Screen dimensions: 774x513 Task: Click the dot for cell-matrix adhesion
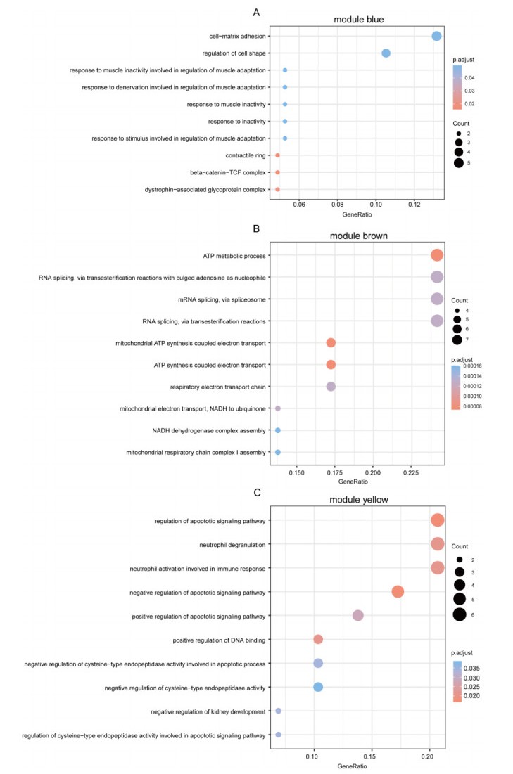coord(436,36)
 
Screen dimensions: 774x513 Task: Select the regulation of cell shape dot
coord(386,53)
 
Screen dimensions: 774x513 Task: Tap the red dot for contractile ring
coord(277,155)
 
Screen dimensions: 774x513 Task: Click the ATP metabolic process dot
coord(436,255)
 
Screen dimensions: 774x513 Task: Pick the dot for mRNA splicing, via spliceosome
coord(436,299)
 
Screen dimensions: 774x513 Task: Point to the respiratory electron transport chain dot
coord(331,387)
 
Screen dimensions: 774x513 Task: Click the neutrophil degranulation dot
coord(437,544)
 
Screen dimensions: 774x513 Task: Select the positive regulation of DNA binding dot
coord(318,639)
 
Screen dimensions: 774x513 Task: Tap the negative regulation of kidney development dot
coord(279,711)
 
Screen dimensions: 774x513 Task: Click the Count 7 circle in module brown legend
coord(457,340)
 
